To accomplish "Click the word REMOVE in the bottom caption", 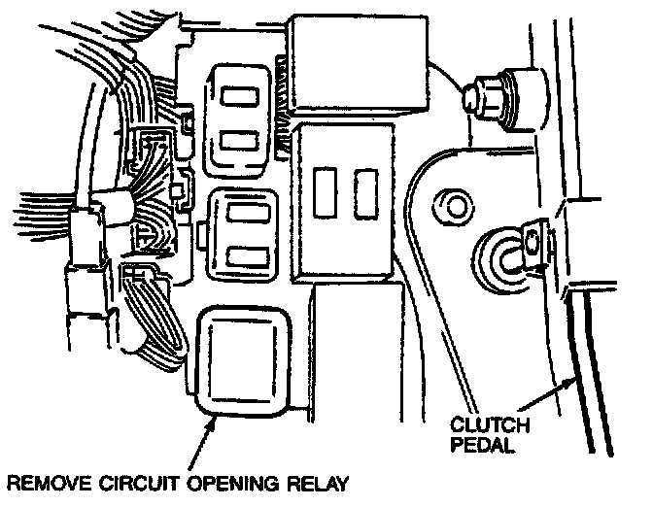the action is (x=50, y=484).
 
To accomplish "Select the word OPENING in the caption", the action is (x=233, y=484).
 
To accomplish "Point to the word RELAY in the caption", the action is (x=318, y=484).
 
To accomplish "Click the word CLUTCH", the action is (x=490, y=425).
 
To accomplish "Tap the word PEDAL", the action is (x=482, y=445).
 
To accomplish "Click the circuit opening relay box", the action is (x=243, y=361).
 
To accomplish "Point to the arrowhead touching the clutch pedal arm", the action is (x=569, y=383).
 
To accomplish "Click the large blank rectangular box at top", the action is (x=360, y=63).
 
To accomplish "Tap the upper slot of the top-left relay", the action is (x=239, y=96).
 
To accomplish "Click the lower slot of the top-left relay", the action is (x=239, y=140).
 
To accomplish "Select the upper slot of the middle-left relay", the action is (x=248, y=213).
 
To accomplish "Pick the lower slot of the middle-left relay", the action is (x=248, y=257).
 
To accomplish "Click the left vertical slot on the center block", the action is (x=325, y=192).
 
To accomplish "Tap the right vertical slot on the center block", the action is (x=366, y=193).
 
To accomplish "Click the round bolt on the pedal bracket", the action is (x=453, y=207).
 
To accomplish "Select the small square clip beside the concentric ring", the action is (x=533, y=242).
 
